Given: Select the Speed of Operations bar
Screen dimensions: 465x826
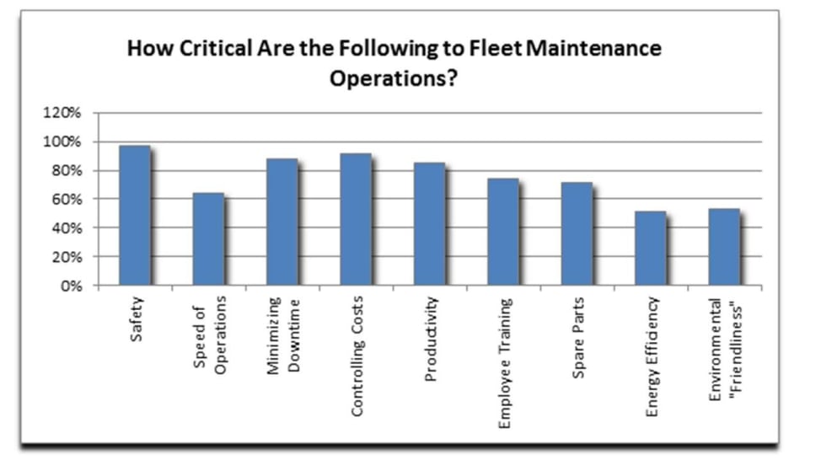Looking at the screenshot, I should pyautogui.click(x=208, y=240).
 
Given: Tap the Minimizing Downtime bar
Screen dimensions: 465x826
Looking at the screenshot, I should pyautogui.click(x=282, y=222).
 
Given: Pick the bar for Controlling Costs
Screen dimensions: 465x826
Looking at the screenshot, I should pyautogui.click(x=356, y=220).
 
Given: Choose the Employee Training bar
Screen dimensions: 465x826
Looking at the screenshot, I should pyautogui.click(x=503, y=232).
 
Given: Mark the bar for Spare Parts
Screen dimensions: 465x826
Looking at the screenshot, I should pyautogui.click(x=577, y=234).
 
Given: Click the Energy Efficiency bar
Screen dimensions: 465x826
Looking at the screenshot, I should pyautogui.click(x=651, y=249).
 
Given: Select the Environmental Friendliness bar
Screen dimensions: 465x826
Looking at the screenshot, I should pyautogui.click(x=724, y=248).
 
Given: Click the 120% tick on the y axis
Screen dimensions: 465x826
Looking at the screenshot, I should pyautogui.click(x=66, y=113).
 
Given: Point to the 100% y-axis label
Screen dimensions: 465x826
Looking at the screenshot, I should pyautogui.click(x=66, y=142).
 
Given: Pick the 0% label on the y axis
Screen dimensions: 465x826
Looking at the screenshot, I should pyautogui.click(x=72, y=286).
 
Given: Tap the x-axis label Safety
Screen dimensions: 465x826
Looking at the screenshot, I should pyautogui.click(x=137, y=318).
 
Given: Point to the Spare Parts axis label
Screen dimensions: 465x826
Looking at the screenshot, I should pyautogui.click(x=578, y=336).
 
